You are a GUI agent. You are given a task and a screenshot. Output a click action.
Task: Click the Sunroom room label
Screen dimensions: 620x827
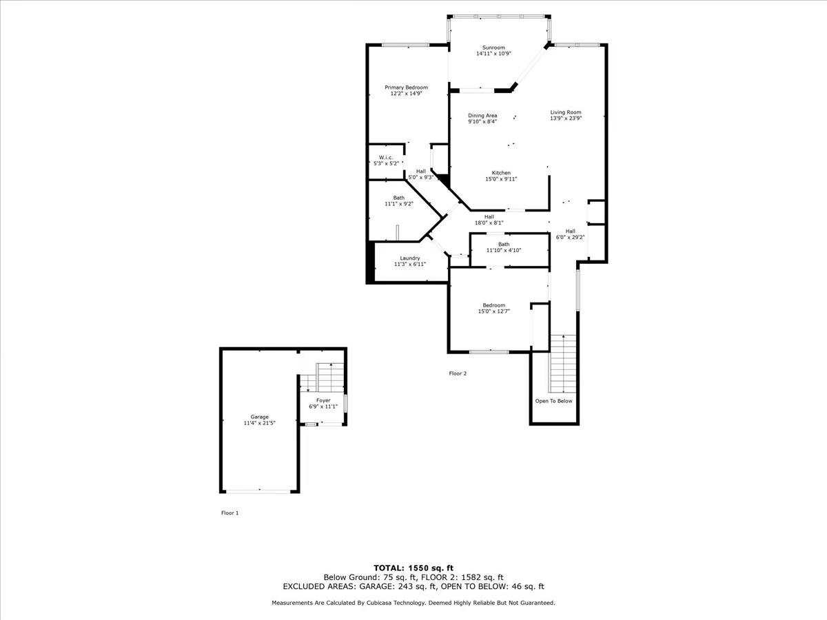(x=493, y=48)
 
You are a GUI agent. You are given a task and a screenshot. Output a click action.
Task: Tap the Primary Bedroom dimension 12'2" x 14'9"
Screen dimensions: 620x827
(x=406, y=93)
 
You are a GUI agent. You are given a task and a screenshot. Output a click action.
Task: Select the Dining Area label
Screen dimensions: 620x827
(x=482, y=116)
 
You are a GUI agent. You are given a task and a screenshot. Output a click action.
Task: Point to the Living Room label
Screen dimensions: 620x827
(x=566, y=112)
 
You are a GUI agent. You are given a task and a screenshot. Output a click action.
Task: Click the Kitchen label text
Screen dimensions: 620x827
(x=501, y=173)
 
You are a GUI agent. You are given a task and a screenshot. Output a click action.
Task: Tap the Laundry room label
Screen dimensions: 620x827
(x=410, y=258)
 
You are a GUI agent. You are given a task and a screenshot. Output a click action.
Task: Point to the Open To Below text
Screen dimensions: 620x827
(x=553, y=401)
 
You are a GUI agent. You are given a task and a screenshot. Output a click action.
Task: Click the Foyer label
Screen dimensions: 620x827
(x=323, y=400)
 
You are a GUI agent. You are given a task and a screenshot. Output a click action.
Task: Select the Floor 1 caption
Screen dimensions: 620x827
(x=229, y=513)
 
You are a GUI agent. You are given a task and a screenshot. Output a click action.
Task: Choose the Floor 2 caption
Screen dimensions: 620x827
(x=458, y=373)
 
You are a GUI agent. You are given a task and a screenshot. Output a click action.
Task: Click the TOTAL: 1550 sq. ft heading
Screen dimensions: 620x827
(x=413, y=568)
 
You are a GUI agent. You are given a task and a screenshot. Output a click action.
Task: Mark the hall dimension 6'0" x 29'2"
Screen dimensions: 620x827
(x=571, y=237)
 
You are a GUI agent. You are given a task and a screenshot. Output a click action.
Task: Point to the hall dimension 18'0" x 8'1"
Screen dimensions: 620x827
(x=489, y=223)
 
